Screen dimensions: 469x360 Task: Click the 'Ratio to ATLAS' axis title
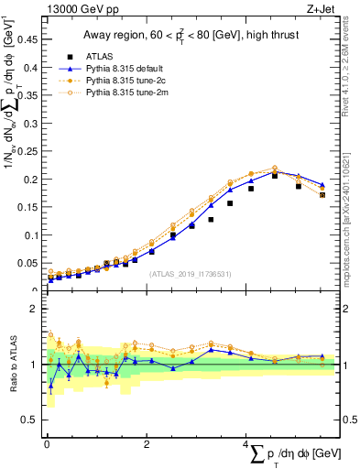12,365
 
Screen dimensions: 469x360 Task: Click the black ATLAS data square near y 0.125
211,220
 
